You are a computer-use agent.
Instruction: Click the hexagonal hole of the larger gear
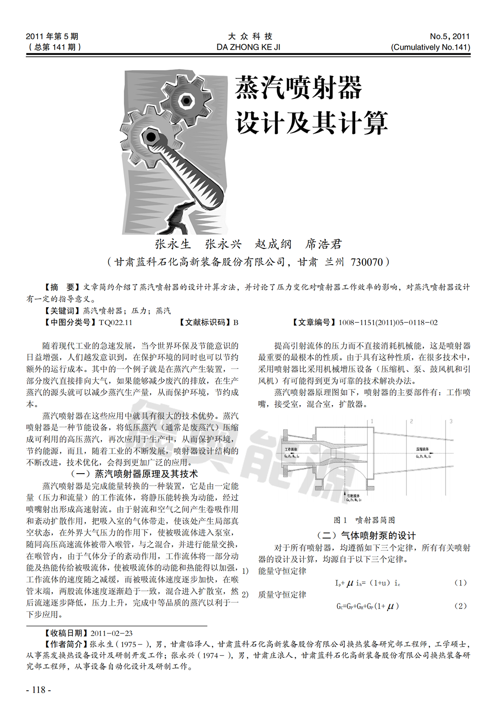(149, 135)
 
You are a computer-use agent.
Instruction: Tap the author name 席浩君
(323, 244)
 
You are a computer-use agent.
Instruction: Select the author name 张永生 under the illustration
(173, 244)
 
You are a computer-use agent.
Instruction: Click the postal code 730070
(367, 262)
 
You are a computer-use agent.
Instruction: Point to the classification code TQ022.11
(115, 322)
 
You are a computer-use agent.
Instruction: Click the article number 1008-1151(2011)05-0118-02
(388, 322)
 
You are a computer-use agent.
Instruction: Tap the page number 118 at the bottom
(39, 690)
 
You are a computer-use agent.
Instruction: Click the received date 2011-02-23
(111, 633)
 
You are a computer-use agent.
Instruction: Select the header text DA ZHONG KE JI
(248, 47)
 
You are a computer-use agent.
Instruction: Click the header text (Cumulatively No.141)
(431, 47)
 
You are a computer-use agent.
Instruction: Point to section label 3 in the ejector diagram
(451, 421)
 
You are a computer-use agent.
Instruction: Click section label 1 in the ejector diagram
(372, 421)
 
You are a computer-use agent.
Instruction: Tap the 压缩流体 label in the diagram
(423, 449)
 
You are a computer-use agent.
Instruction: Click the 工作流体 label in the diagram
(291, 449)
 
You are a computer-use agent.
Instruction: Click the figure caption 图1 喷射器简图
(364, 520)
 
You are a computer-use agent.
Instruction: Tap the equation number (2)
(460, 606)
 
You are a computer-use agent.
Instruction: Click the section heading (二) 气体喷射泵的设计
(366, 535)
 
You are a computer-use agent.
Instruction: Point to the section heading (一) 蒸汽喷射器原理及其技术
(135, 474)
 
